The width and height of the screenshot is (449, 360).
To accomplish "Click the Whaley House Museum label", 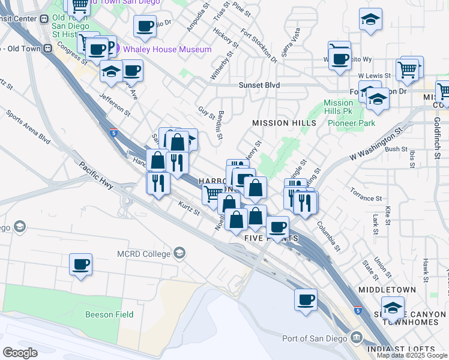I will [167, 49].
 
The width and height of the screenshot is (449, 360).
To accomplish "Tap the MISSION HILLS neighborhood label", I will [284, 123].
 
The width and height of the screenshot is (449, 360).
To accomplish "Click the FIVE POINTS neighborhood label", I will [272, 238].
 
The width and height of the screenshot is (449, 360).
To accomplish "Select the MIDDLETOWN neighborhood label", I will [387, 289].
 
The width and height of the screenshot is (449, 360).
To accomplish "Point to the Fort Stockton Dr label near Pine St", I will [259, 46].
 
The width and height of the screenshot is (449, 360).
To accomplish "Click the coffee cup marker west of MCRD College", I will [80, 264].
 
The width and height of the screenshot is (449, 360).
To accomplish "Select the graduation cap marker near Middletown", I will [393, 308].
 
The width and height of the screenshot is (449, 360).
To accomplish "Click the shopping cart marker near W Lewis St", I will [408, 70].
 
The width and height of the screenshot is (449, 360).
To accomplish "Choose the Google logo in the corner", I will [20, 352].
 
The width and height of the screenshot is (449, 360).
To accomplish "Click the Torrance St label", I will [366, 198].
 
